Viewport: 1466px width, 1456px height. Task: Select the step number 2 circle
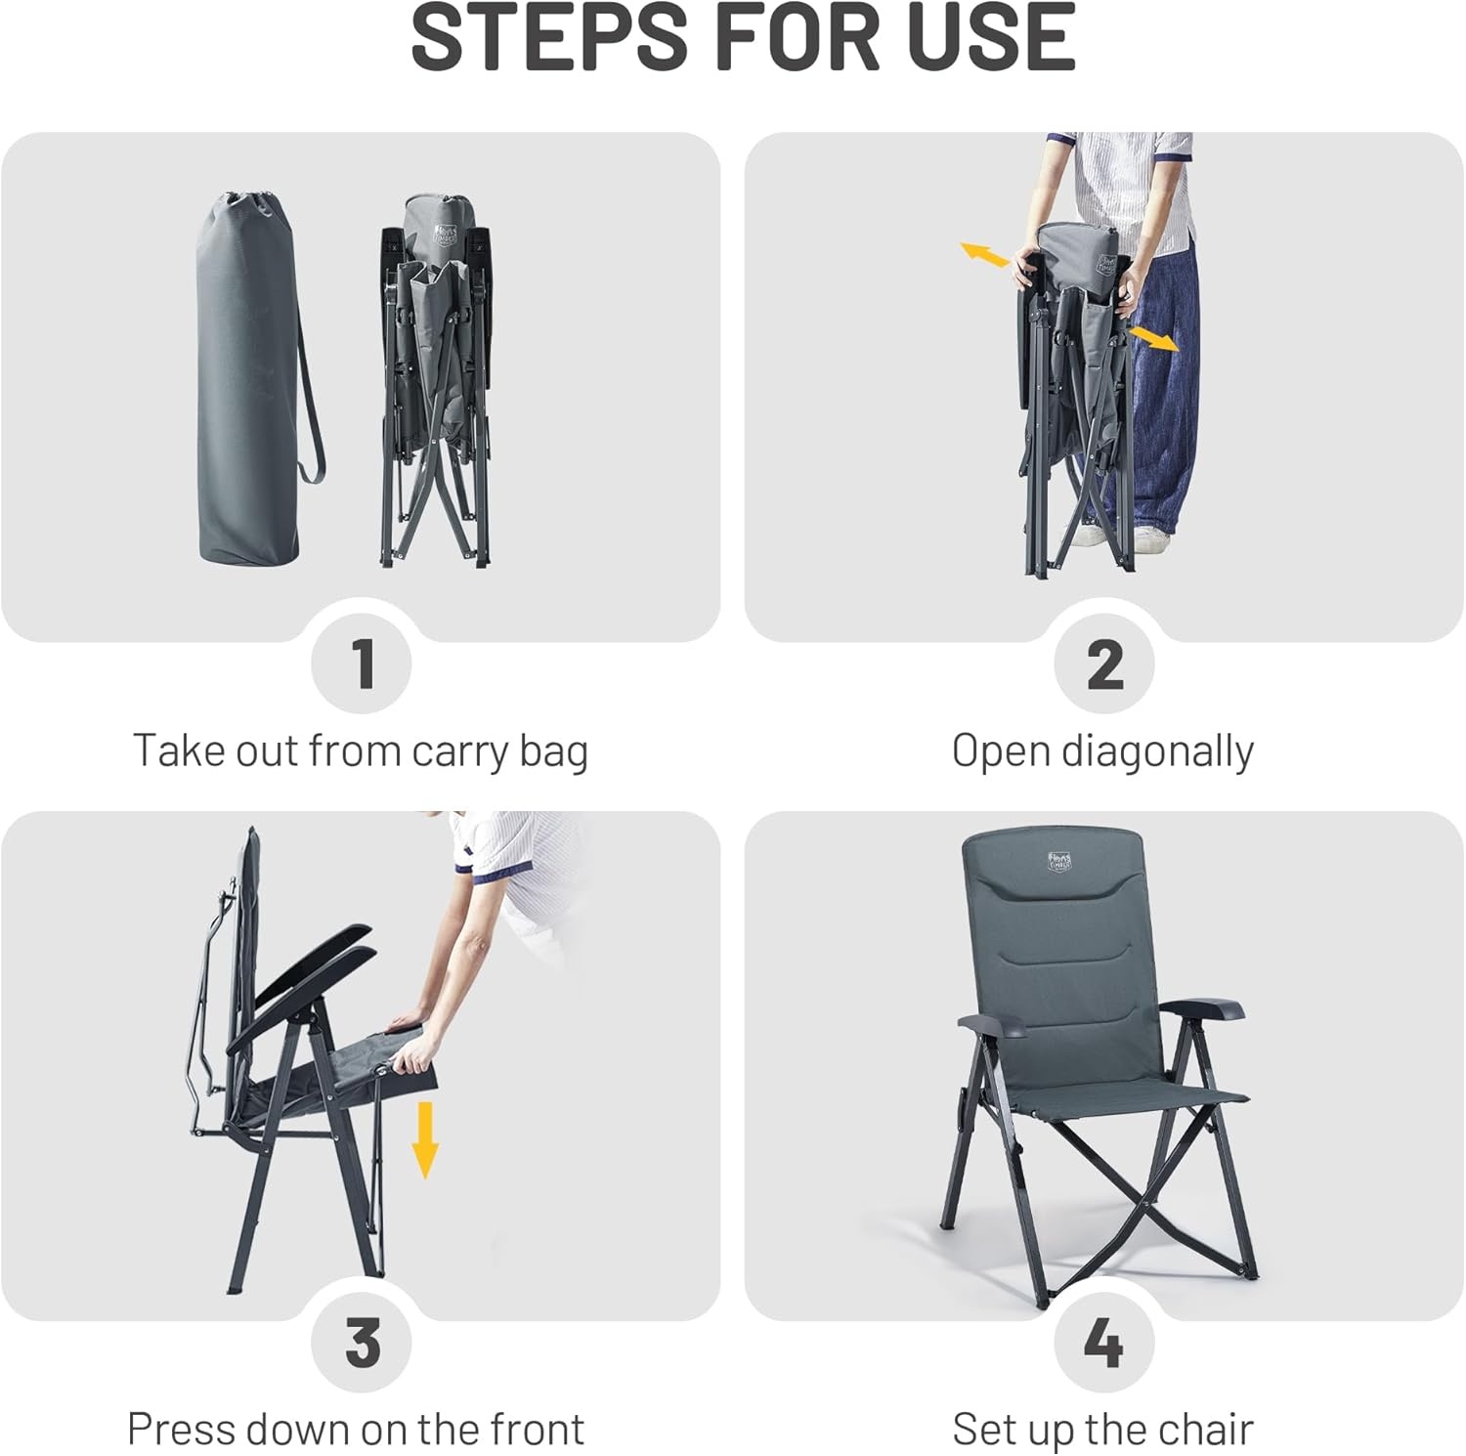pyautogui.click(x=1104, y=664)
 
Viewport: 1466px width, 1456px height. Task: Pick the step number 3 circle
pyautogui.click(x=363, y=1343)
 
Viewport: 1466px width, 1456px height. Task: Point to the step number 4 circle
pyautogui.click(x=1104, y=1343)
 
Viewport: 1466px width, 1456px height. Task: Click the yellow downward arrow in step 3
pyautogui.click(x=425, y=1139)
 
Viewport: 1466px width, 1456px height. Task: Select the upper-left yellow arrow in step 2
pyautogui.click(x=984, y=255)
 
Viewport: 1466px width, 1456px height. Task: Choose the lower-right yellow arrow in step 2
pyautogui.click(x=1153, y=339)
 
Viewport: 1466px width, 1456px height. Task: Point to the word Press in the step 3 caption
pyautogui.click(x=181, y=1429)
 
